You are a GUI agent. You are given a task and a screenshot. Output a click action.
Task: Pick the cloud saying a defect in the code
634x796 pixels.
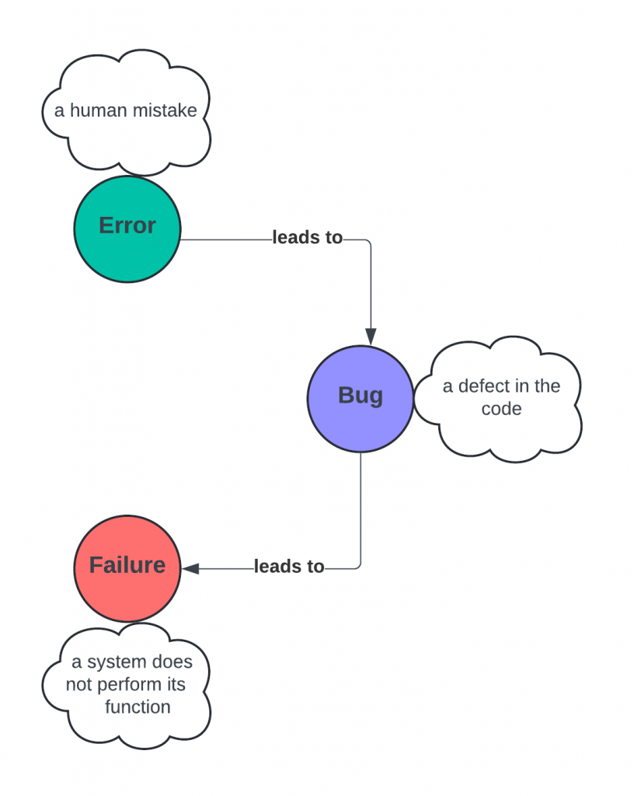click(x=501, y=431)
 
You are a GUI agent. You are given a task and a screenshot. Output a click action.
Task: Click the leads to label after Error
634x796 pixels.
click(x=308, y=238)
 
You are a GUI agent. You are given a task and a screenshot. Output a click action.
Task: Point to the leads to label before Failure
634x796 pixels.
click(x=289, y=567)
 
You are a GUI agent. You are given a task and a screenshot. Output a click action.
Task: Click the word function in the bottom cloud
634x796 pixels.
click(x=138, y=707)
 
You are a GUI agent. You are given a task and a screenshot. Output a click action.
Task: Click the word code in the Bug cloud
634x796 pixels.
click(x=501, y=408)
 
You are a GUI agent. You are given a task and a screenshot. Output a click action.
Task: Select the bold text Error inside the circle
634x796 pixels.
click(x=127, y=225)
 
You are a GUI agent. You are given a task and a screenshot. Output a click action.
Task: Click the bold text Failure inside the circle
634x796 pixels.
click(x=127, y=564)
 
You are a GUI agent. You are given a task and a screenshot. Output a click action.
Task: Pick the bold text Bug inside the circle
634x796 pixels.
click(x=361, y=395)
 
